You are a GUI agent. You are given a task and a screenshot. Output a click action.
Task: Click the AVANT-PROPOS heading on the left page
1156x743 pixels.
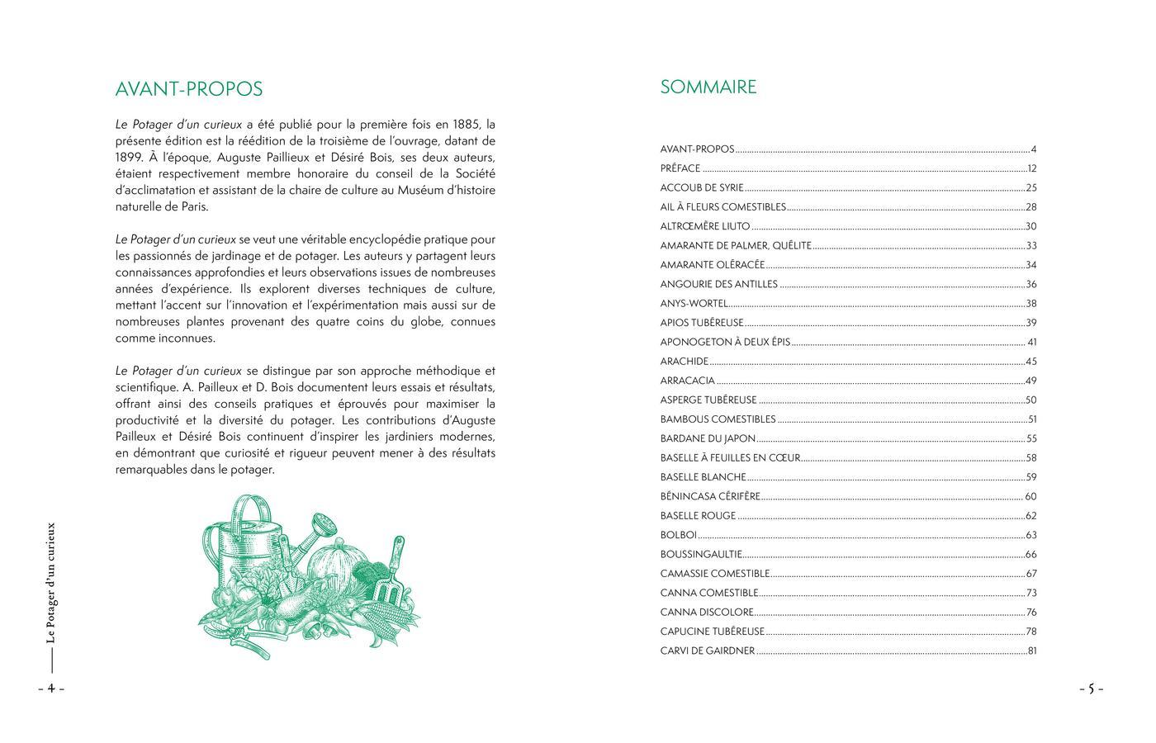point(189,89)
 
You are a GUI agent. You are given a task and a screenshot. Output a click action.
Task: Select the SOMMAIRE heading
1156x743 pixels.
point(708,88)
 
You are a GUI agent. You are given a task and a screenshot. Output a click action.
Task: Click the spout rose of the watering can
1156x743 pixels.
point(325,523)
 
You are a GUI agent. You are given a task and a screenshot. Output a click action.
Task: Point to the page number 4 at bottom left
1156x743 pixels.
point(50,689)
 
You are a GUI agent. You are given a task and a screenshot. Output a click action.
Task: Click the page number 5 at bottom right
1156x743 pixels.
point(1090,689)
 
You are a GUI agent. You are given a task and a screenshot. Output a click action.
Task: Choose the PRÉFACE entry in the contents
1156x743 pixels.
point(680,168)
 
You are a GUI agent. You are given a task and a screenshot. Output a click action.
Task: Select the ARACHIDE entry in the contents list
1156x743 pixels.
point(685,362)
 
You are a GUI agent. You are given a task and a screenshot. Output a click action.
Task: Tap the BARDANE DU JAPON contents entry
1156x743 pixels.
point(708,439)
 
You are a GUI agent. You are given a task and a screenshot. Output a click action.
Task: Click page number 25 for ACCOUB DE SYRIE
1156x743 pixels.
point(1031,188)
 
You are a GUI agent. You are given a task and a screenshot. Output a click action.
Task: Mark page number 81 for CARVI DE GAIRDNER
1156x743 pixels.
point(1031,651)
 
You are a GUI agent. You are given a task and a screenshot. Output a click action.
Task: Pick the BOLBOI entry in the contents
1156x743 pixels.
point(679,535)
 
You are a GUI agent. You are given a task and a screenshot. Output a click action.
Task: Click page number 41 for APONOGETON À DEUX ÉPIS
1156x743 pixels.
point(1032,343)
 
